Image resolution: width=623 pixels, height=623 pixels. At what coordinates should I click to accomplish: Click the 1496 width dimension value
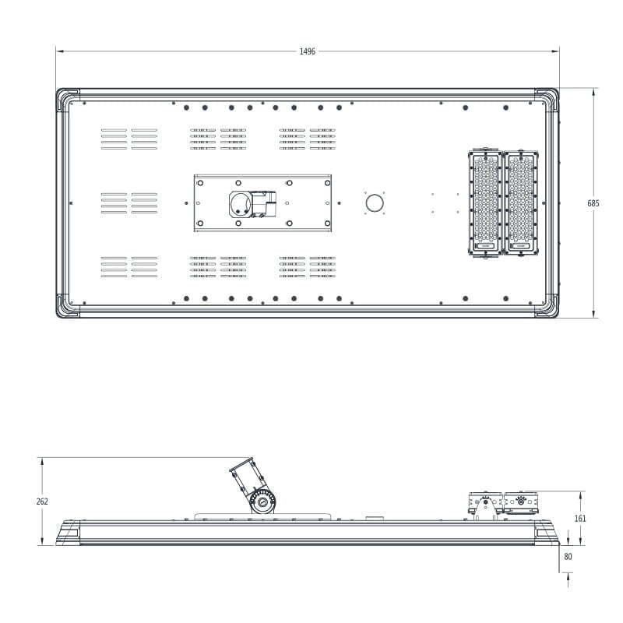(x=307, y=51)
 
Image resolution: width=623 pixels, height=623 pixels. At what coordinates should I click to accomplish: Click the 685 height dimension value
(x=593, y=203)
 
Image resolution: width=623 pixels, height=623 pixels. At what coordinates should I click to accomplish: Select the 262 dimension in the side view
(x=42, y=502)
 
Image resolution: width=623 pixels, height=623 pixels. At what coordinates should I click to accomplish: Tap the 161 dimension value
(x=580, y=518)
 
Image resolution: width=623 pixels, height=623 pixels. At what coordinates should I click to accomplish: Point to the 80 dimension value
(x=568, y=557)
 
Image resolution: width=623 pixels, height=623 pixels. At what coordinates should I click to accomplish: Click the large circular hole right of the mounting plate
(x=375, y=203)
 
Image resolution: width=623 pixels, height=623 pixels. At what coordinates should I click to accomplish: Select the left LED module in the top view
(x=485, y=202)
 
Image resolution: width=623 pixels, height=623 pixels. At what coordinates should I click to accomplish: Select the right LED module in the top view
(x=520, y=202)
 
